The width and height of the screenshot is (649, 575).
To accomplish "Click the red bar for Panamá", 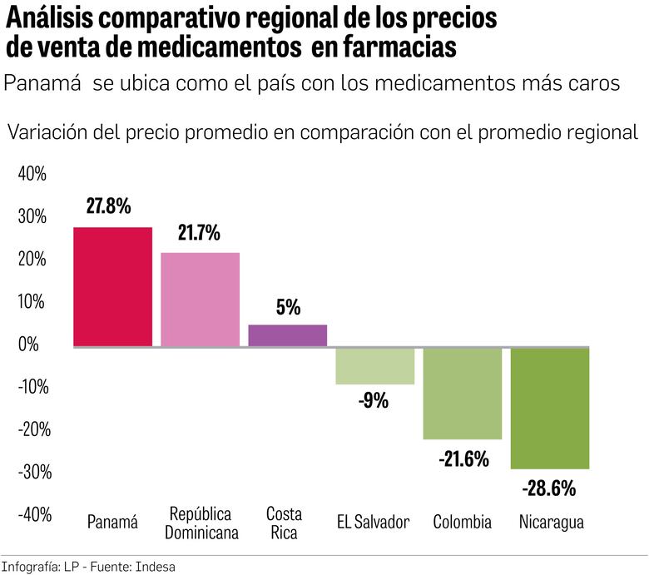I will pos(112,286).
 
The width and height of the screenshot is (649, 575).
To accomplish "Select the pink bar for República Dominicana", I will pos(200,299).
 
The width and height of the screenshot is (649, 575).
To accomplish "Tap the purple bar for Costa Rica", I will pos(287,335).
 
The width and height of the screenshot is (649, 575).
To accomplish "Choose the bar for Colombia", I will pos(462,394).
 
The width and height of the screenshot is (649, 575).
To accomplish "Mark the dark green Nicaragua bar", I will pos(549,409).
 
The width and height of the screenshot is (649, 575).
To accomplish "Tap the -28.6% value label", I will pos(548,488).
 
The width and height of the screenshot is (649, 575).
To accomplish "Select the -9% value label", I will pos(374,401).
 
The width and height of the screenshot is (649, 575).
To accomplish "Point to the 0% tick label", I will pos(35,345).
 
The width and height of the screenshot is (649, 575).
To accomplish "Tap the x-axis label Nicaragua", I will pos(551,523).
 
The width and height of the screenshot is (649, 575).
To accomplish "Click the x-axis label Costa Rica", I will pos(284,523).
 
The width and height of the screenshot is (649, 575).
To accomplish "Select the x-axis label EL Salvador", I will pos(374,523).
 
